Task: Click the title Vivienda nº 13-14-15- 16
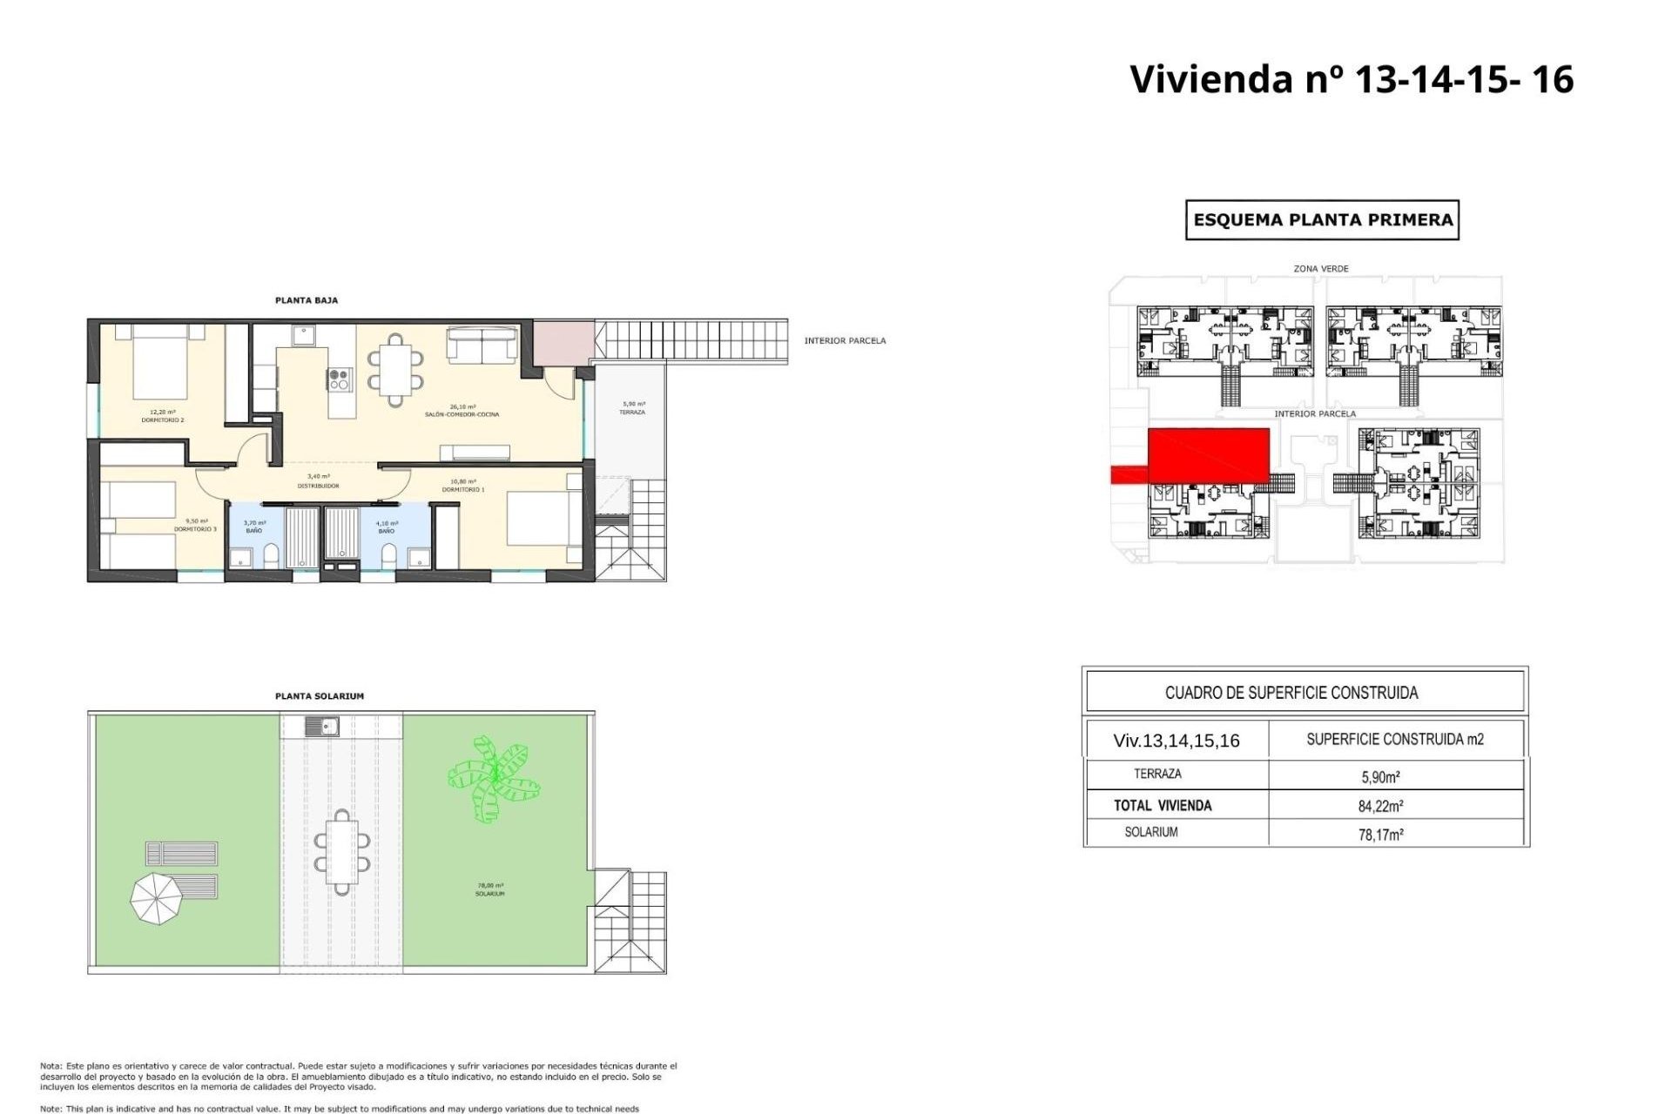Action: pos(1351,79)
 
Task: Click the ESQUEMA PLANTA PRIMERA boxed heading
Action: pos(1322,220)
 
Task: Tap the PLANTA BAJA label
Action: pos(307,300)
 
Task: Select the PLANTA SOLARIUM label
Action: pos(319,696)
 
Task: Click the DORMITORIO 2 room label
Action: pos(163,420)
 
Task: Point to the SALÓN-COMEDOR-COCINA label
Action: pos(462,414)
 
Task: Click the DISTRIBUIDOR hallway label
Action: pos(318,486)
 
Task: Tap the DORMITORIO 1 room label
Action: pos(462,489)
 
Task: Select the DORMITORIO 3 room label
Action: pos(195,529)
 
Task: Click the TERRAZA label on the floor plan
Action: pos(632,412)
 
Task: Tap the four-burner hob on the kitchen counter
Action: pos(340,379)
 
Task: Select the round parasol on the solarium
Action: pos(157,898)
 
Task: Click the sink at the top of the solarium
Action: pos(322,726)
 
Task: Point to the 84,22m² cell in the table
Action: pos(1380,806)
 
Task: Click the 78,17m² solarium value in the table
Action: pos(1380,835)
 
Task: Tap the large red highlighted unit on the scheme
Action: pos(1208,454)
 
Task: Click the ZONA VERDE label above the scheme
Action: pos(1320,269)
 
